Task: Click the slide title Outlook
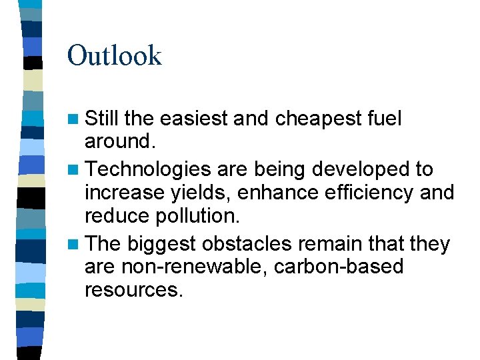coord(114,55)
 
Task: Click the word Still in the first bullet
coord(103,119)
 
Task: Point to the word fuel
coord(385,119)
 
